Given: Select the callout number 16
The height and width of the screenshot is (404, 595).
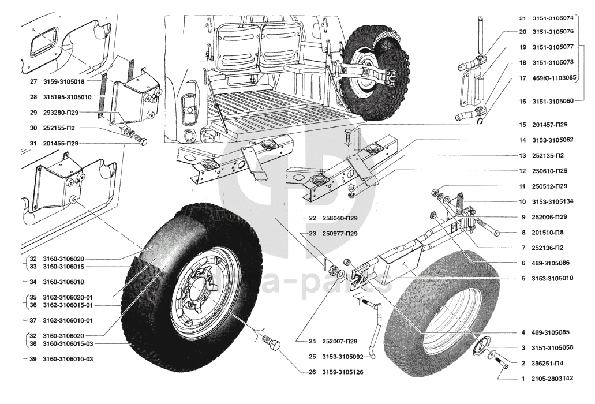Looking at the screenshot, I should [522, 101].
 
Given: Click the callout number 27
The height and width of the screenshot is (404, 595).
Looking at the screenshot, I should [32, 83].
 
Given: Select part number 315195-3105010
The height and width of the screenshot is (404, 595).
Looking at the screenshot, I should [72, 97].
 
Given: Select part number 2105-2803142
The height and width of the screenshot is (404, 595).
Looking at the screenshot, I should [553, 379].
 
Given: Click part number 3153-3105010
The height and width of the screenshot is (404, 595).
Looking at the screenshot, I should [553, 278].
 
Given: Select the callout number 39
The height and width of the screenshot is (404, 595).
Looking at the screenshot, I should [33, 358].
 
